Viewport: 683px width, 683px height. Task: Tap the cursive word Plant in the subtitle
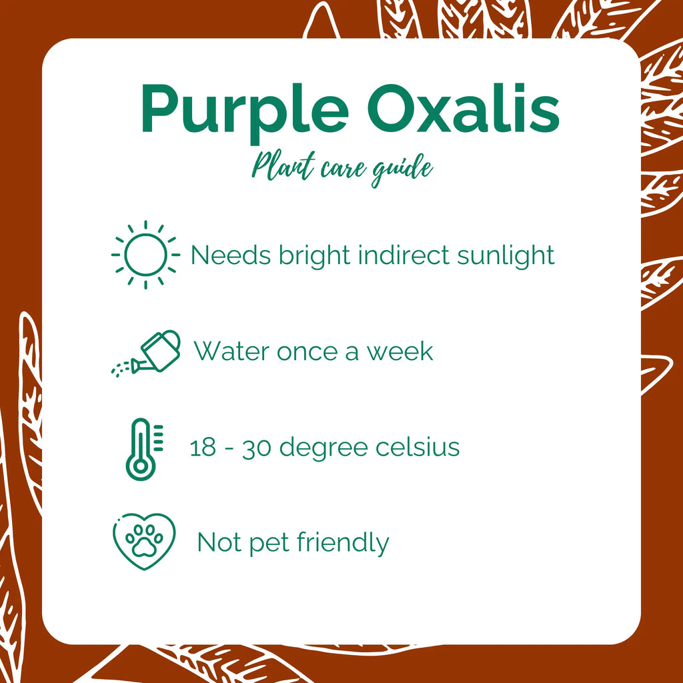tap(279, 167)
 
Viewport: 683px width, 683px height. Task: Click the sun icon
tap(145, 255)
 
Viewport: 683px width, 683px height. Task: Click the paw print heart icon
tap(143, 542)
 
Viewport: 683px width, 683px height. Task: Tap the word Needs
tap(229, 255)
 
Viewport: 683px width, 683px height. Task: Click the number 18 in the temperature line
tap(203, 448)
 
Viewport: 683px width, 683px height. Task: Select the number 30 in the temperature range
tap(255, 448)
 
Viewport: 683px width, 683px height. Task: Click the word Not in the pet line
tap(219, 543)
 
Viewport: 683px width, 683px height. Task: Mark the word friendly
tap(343, 543)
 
